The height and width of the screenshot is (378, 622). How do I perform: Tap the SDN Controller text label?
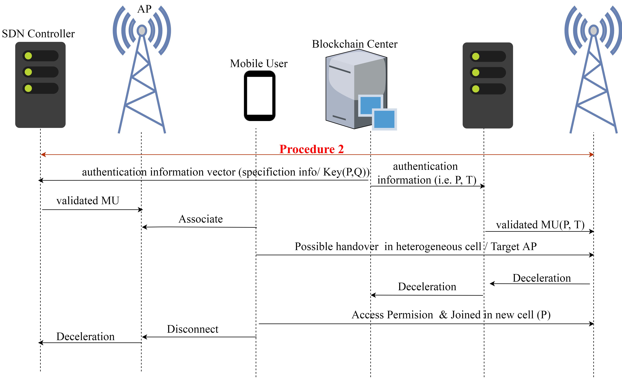(x=38, y=34)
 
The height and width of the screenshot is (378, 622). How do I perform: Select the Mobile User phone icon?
(x=260, y=96)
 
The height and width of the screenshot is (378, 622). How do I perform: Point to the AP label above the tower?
(x=144, y=9)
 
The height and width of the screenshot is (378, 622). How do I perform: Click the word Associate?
(x=201, y=219)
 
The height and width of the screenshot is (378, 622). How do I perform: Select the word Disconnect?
(x=193, y=329)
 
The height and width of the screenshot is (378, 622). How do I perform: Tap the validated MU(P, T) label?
(x=540, y=225)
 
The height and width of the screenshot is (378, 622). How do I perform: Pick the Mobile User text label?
(x=259, y=63)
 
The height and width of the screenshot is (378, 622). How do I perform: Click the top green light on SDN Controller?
(x=28, y=56)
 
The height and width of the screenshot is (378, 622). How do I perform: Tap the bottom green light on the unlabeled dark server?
(x=476, y=89)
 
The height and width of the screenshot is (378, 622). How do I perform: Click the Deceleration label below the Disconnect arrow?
(x=85, y=337)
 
